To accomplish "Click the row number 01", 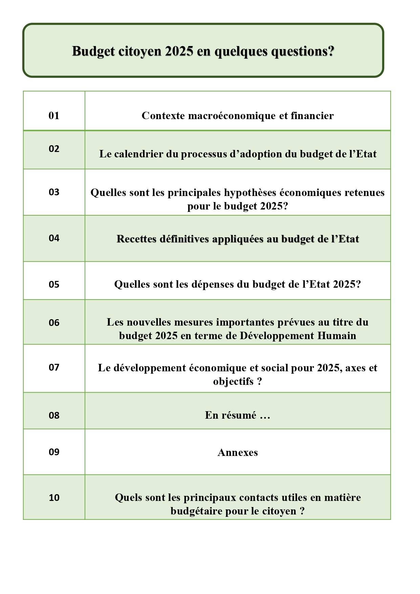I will point(54,116).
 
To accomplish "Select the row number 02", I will point(54,149).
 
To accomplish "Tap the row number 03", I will point(54,192).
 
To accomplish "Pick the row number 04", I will point(54,238).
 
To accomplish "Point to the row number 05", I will point(54,284).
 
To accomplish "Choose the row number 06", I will point(54,323).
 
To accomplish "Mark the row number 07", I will point(54,368).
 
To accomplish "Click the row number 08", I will point(54,416).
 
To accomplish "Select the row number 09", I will point(54,452).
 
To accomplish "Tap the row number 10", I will point(54,498).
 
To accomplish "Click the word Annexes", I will point(237,453).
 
